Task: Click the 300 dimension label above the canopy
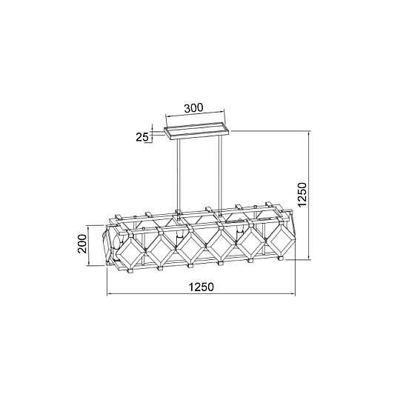[194, 107]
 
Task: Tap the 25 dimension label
[141, 137]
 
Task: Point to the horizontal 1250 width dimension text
[201, 287]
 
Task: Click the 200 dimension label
[82, 244]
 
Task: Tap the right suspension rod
[220, 174]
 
